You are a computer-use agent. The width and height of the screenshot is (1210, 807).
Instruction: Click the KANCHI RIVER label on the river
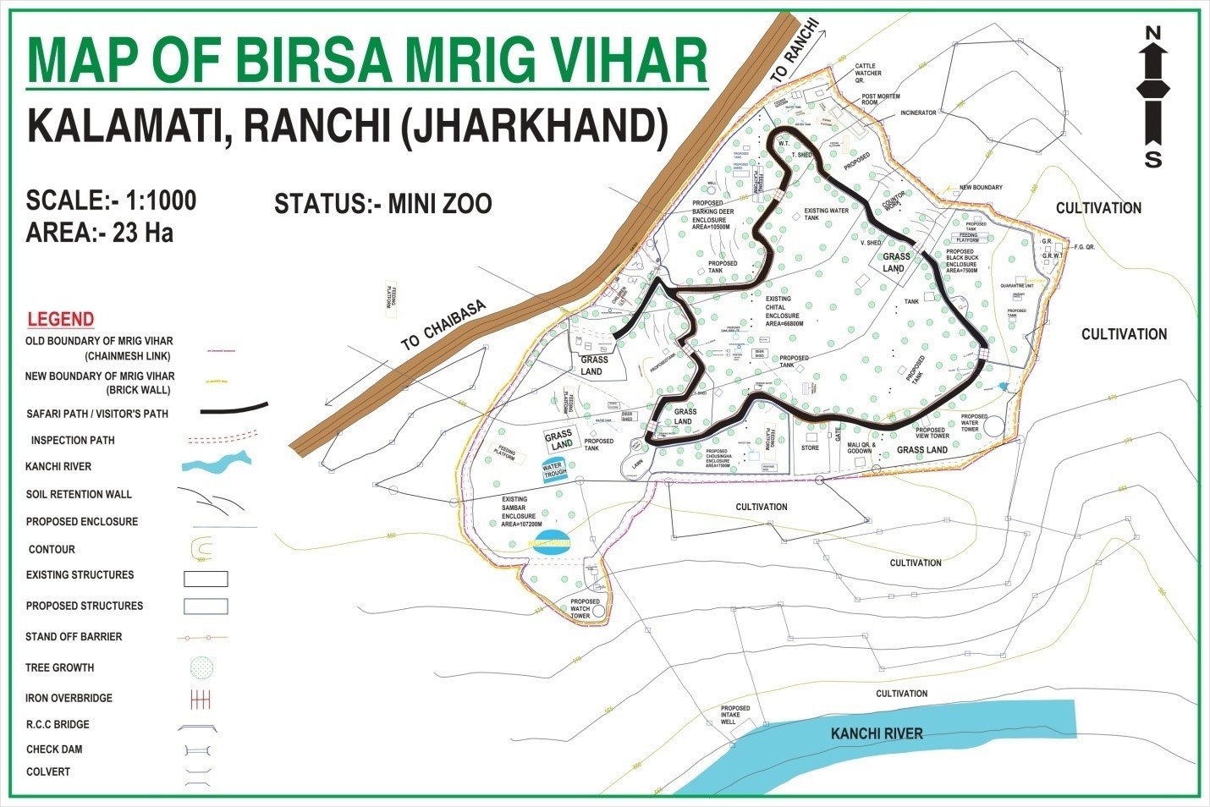877,733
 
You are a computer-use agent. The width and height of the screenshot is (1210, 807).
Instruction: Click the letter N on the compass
1152,33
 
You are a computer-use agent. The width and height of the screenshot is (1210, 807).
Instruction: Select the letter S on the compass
1152,160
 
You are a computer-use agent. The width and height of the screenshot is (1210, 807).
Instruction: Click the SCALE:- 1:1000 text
111,200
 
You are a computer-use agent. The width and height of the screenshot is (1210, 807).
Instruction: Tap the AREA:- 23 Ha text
99,233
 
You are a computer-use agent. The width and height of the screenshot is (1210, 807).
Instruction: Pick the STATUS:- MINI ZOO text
382,205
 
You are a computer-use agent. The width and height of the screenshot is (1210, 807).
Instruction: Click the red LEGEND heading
60,319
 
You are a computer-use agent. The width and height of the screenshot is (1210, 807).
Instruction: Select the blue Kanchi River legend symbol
217,462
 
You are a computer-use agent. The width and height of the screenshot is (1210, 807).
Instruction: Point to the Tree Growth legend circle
202,667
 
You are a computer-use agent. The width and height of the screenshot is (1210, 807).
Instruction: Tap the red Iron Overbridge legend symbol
201,700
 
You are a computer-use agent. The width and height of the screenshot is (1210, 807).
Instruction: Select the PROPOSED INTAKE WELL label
734,716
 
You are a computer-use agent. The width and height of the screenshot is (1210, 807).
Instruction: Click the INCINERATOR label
918,113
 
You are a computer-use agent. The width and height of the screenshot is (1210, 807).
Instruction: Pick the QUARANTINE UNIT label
1017,286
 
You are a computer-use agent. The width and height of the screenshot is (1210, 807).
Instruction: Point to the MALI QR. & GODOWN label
860,447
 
